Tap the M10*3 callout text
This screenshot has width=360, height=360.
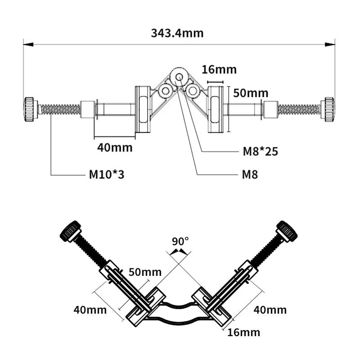coord(106,174)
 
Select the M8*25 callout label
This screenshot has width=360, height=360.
coord(260,151)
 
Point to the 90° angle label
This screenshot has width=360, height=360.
coord(180,240)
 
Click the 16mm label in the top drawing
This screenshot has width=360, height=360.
coord(219,70)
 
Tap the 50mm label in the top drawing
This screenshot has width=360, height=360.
coord(251,94)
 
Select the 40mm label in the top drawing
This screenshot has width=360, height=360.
coord(116,147)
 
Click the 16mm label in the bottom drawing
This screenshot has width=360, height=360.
coord(243,333)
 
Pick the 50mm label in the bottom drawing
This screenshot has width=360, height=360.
coord(145,272)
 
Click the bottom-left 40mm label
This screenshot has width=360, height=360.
coord(90,310)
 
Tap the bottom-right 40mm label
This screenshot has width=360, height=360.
coord(270,310)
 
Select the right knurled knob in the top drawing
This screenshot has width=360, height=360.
coord(328,109)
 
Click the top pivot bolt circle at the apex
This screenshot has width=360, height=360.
coord(180,77)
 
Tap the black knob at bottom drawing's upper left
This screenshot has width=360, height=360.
coord(70,231)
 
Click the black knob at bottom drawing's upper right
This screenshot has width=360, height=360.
coord(287,230)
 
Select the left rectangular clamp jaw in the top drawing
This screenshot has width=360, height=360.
coord(143,109)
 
